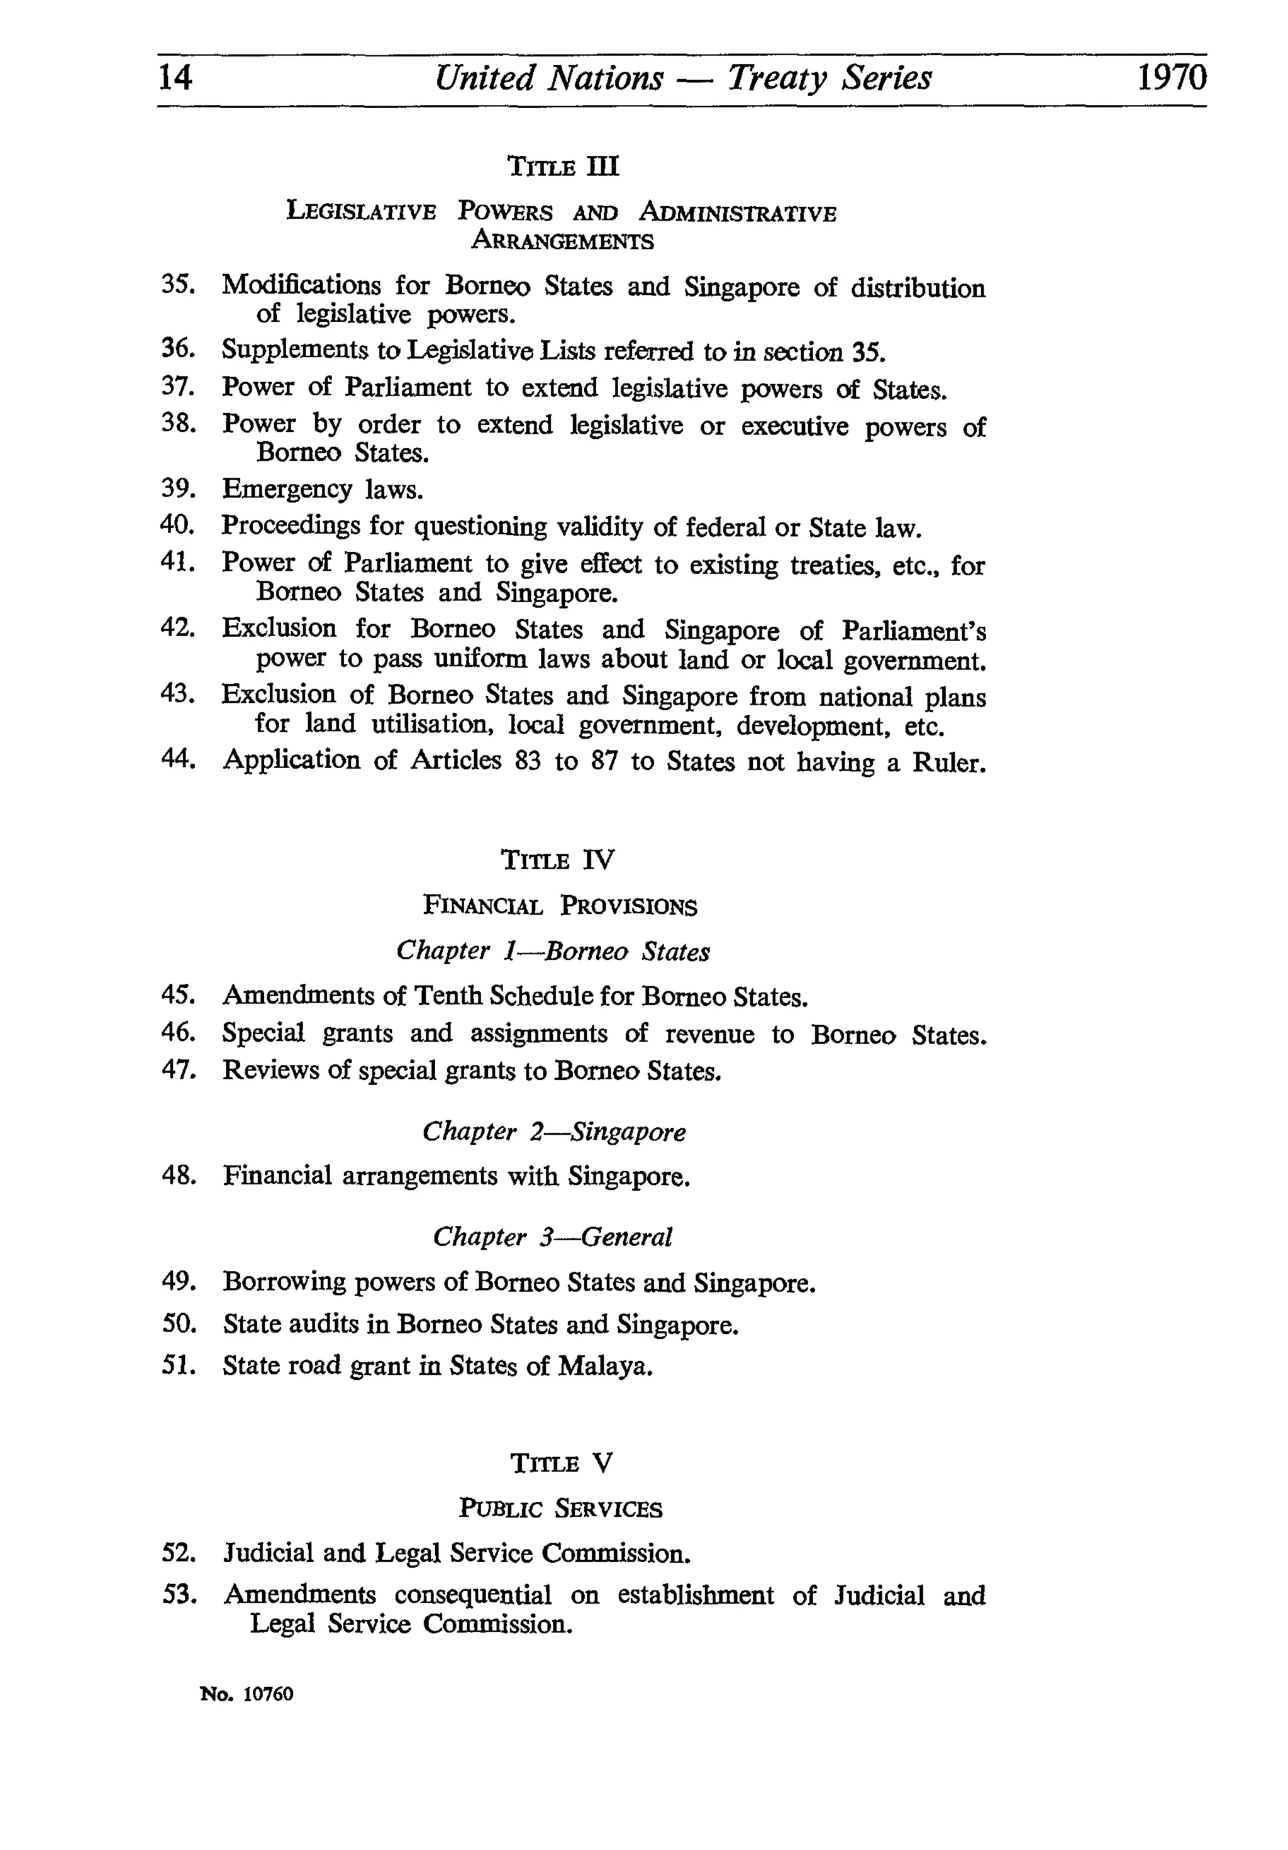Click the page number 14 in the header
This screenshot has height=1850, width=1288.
pos(175,78)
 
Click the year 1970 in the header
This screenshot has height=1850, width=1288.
pos(1171,78)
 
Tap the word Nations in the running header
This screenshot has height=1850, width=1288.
pos(604,78)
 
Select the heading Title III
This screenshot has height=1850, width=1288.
pos(563,167)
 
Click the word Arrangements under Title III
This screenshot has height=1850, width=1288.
pos(563,240)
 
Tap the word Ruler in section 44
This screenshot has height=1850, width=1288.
pos(948,761)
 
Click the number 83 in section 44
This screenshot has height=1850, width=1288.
pos(527,760)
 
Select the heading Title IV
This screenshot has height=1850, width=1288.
pos(557,860)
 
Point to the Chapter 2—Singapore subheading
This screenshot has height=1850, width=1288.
pos(553,1131)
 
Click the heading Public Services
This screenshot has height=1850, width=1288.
pos(560,1507)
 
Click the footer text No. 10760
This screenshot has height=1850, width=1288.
pos(247,1693)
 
